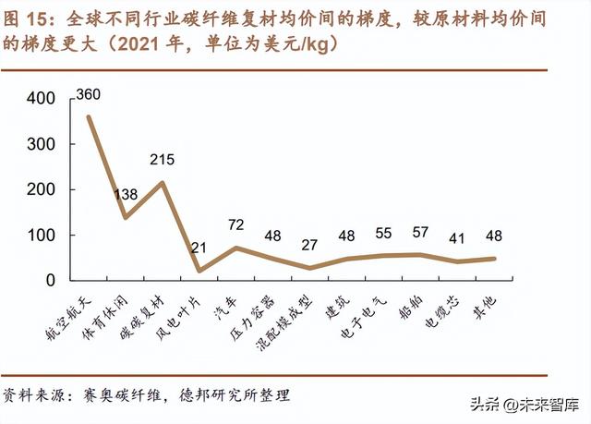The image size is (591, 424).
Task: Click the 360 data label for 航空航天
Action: click(89, 95)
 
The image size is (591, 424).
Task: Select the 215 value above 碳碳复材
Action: click(162, 160)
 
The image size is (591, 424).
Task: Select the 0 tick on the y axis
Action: click(52, 280)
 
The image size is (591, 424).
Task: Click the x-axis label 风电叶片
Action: click(184, 314)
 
